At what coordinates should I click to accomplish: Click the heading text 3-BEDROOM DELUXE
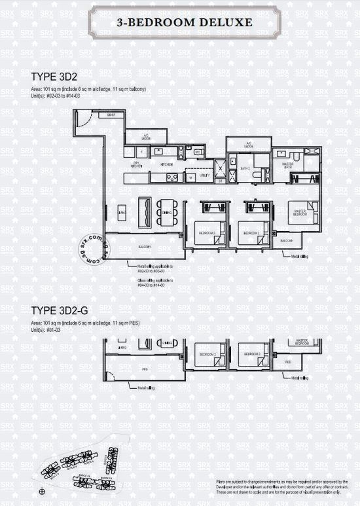(x=179, y=22)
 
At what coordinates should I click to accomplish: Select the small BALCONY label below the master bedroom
(x=286, y=241)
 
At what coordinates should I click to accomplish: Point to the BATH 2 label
(x=245, y=169)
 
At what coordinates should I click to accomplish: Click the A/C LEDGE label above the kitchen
(x=147, y=137)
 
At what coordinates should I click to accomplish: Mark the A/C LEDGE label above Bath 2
(x=249, y=144)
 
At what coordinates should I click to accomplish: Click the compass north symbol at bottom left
(x=43, y=491)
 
